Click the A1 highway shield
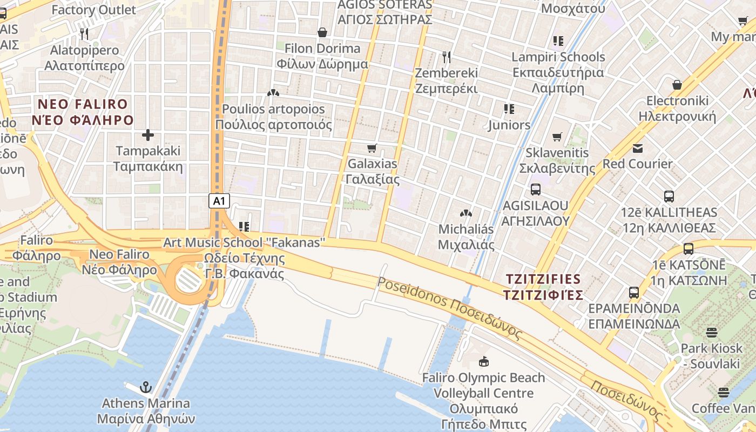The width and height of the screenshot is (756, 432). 219,201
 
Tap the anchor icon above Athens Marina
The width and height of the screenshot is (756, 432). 146,387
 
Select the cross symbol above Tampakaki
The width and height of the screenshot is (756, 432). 148,134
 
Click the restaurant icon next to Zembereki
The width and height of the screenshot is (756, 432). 446,57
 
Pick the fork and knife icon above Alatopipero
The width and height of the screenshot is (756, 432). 84,34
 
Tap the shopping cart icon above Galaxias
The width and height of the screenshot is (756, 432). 372,148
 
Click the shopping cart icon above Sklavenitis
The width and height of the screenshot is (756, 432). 557,137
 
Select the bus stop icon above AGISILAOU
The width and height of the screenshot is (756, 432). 535,190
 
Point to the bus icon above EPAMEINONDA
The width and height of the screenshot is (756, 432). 634,293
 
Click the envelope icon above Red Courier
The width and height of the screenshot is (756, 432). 638,148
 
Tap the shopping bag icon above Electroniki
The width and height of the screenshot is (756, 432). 677,85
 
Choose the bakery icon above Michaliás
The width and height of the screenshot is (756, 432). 465,214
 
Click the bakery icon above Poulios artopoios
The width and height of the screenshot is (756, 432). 273,93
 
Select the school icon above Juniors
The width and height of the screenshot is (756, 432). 509,109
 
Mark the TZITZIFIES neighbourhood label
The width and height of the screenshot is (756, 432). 543,287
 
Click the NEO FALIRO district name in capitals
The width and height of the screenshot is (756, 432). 83,112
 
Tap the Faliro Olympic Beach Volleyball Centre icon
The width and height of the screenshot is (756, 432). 483,361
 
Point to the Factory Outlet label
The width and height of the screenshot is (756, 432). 94,10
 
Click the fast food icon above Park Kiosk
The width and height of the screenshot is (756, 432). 711,332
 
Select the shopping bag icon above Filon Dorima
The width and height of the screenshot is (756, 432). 322,32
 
